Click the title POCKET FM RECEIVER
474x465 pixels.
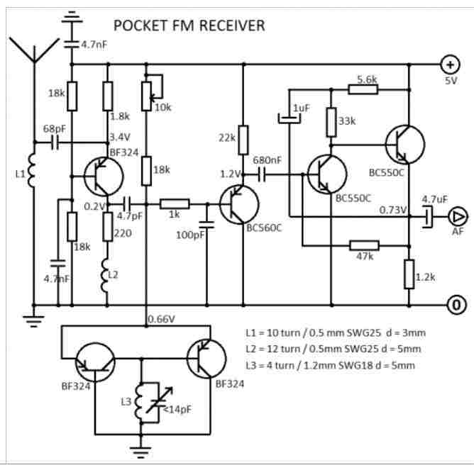189,26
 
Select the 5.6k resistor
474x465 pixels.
363,89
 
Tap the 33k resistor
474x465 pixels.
331,122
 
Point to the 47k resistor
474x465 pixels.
364,245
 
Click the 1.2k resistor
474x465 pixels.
409,274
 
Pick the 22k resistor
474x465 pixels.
243,140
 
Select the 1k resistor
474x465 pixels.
174,203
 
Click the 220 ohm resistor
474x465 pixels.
108,228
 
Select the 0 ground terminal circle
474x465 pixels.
456,306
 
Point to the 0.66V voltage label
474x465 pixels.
162,320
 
